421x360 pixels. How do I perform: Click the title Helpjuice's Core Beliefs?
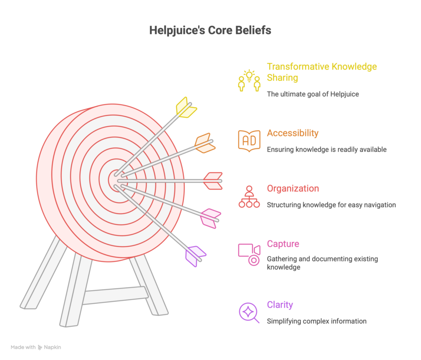tap(210, 31)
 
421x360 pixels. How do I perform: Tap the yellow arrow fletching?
tap(185, 107)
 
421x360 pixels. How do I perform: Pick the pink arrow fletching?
tap(210, 218)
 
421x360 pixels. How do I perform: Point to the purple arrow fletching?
tap(194, 255)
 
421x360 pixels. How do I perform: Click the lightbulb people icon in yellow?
tap(249, 81)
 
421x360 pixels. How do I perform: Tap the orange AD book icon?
tap(249, 140)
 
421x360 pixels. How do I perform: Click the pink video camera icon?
tap(249, 254)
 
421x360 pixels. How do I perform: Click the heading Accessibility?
tap(292, 133)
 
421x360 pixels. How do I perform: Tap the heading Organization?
tap(293, 189)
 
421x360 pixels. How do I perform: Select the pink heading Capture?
tap(283, 244)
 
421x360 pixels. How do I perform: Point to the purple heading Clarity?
tap(280, 305)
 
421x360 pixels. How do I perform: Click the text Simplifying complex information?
tap(317, 321)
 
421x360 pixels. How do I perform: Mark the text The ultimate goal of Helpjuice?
tap(313, 94)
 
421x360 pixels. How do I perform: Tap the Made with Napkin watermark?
tap(36, 347)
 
